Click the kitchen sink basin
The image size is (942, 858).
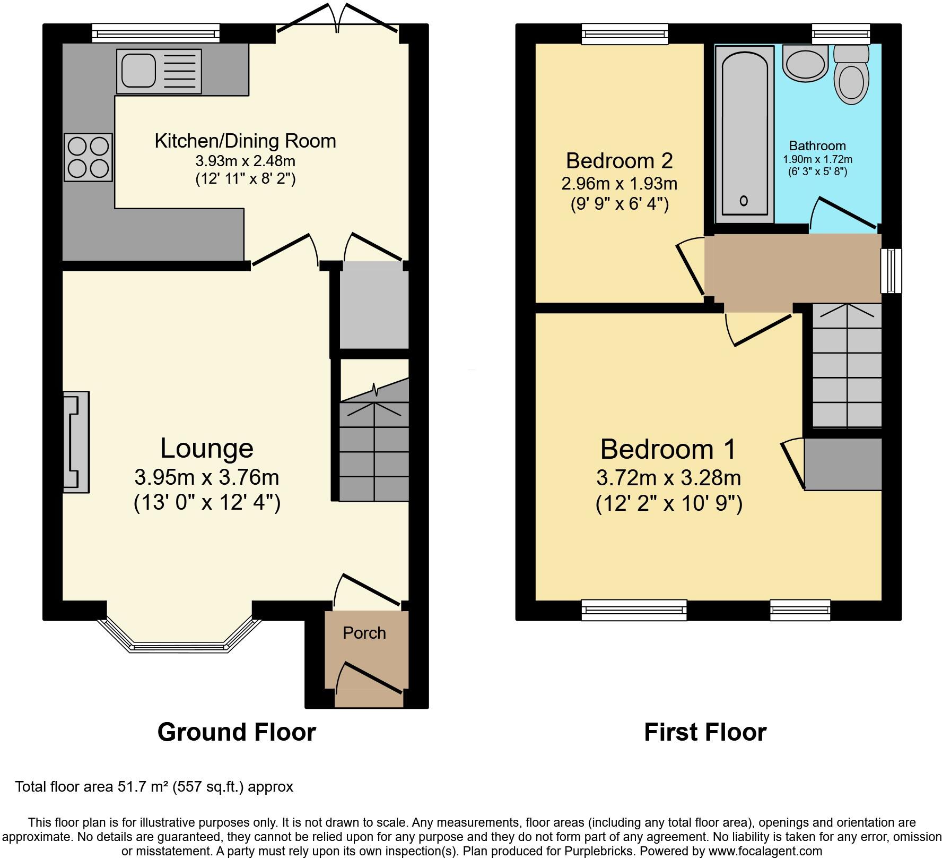[x=138, y=71]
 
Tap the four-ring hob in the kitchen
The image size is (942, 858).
[x=89, y=157]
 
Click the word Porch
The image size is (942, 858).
[x=364, y=633]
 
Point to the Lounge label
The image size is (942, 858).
[x=207, y=448]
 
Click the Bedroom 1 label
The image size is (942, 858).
[x=668, y=449]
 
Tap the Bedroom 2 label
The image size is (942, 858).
[x=620, y=160]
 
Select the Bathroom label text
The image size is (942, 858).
[x=817, y=145]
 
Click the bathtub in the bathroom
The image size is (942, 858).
[x=744, y=134]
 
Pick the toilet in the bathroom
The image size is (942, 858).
[x=851, y=75]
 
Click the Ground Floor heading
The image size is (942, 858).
[x=237, y=732]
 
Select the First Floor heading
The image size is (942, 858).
[x=705, y=732]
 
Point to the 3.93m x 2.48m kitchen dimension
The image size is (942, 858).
[x=246, y=161]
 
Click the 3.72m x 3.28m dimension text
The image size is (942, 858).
[x=668, y=478]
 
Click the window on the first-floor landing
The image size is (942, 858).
[x=891, y=271]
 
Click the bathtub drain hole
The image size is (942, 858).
[x=744, y=201]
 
